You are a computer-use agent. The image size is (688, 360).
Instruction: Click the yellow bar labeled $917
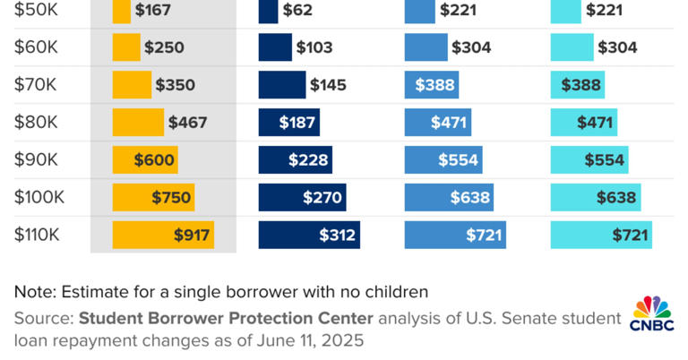coord(163,236)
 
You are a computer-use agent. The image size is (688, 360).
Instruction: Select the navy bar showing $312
coord(309,236)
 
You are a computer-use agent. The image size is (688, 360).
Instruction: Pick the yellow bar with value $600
coord(145,160)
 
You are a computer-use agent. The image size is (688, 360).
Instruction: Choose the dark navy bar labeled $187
coord(288,123)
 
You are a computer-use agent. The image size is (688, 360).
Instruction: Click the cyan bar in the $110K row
coord(601,236)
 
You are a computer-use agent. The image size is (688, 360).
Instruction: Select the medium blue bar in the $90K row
coord(443,160)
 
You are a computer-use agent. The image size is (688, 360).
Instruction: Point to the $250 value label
coord(164,47)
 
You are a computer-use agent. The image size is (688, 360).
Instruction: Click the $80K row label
coord(36,123)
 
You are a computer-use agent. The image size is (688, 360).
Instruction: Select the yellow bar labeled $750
coord(153,198)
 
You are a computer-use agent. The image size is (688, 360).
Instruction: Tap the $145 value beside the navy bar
coord(329,85)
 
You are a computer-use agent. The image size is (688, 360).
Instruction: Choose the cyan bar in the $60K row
coord(572,47)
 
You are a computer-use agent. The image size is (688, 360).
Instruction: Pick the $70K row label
coord(36,85)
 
